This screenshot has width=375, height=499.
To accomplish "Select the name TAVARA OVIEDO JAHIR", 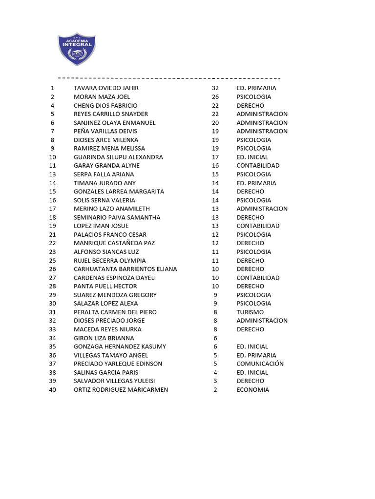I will [x=106, y=88].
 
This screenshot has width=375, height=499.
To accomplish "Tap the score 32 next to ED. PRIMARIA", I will [x=215, y=88].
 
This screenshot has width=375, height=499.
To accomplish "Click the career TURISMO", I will [x=250, y=312].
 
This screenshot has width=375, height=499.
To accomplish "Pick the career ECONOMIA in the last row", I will [x=252, y=390].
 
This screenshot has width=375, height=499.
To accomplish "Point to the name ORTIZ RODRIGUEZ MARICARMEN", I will [x=121, y=390].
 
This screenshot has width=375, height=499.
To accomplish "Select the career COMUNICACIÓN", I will [x=260, y=364].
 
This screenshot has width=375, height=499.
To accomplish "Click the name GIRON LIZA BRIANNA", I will [x=104, y=338].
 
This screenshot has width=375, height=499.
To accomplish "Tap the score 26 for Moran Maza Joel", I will [x=215, y=97].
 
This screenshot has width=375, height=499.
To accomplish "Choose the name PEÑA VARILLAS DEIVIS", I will [x=105, y=132].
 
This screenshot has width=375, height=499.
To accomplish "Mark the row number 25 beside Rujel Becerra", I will [x=53, y=261].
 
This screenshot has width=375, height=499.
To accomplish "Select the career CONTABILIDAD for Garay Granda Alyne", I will [x=258, y=166].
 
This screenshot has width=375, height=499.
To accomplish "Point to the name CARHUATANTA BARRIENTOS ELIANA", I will [x=125, y=269].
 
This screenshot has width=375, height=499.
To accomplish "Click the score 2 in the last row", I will [x=215, y=390].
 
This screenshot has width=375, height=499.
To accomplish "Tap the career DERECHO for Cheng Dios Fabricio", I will [x=250, y=106].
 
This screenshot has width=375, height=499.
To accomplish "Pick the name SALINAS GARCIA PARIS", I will [x=106, y=373].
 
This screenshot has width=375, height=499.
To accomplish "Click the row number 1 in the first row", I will [x=52, y=88].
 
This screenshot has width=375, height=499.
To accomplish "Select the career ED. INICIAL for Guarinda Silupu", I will [x=252, y=157].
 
